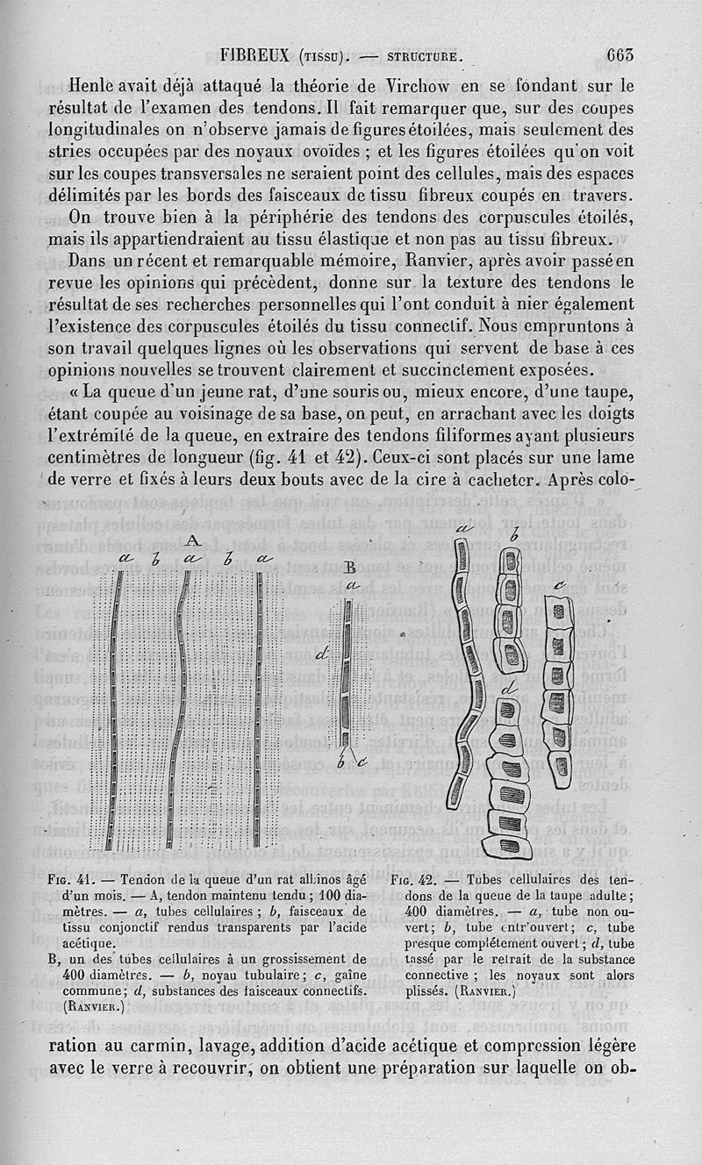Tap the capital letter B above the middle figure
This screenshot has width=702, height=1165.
(x=350, y=566)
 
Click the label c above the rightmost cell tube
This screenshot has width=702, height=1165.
(x=558, y=583)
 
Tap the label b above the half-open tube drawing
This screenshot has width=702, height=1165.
(x=513, y=535)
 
